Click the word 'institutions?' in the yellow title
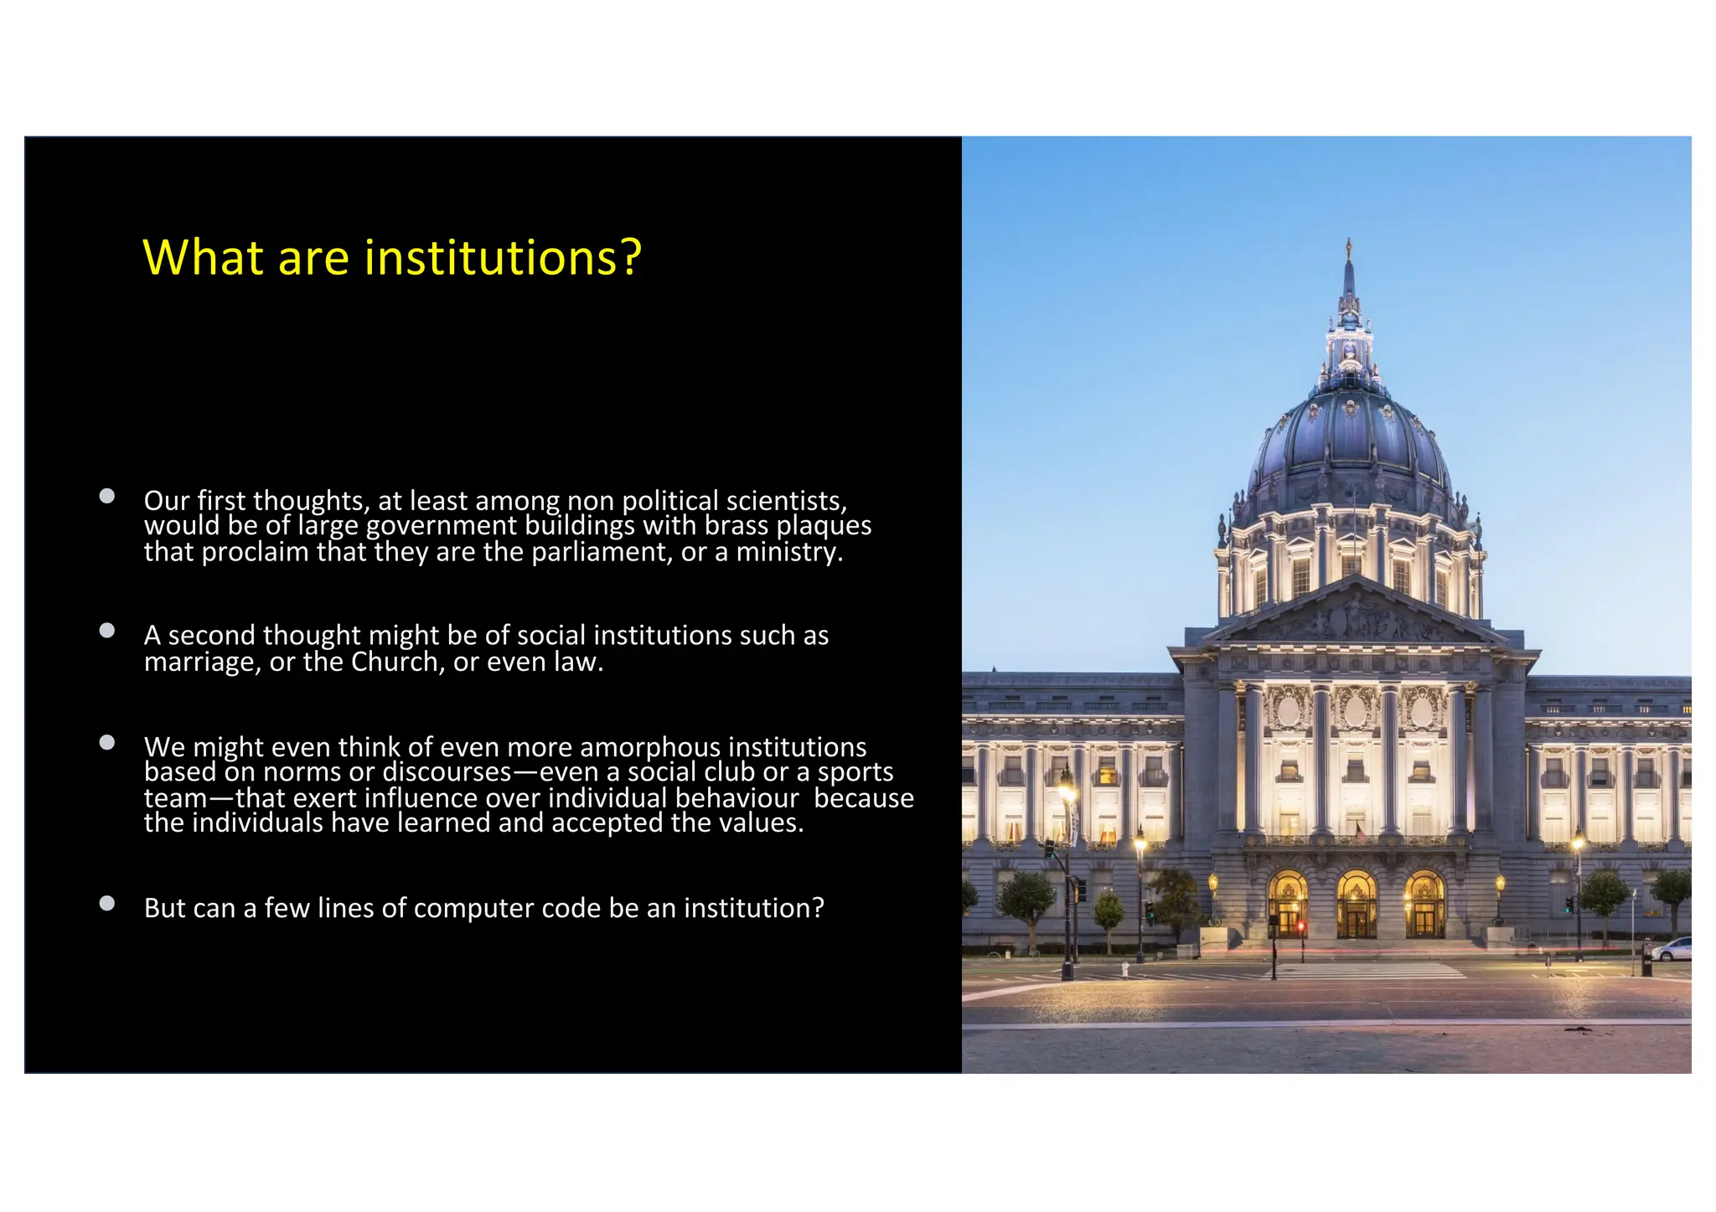(x=503, y=257)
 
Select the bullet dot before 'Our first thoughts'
(x=106, y=496)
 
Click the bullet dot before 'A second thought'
(x=106, y=631)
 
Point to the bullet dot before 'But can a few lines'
(x=106, y=903)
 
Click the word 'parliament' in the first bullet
(x=601, y=553)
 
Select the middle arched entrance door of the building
(x=1356, y=909)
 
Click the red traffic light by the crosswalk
(x=1301, y=926)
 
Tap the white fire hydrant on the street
(x=1125, y=970)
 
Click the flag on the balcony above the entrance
(x=1361, y=832)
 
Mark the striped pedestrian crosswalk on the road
(x=1374, y=972)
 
